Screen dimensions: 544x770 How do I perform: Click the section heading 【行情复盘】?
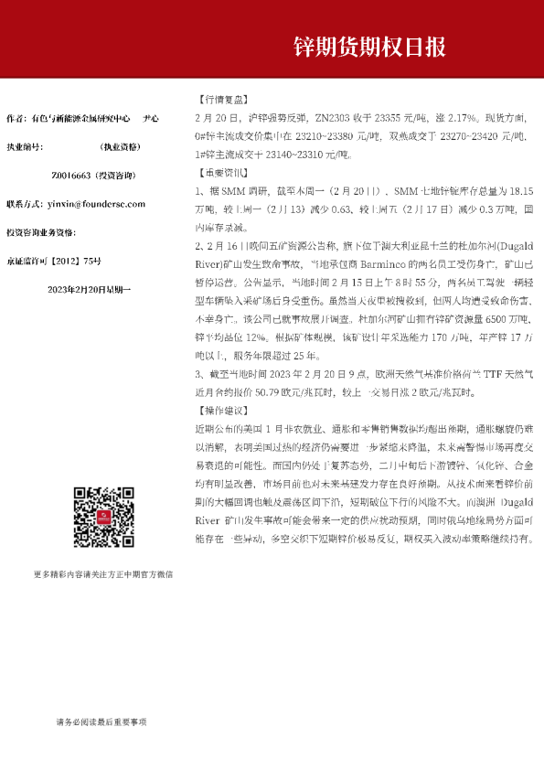point(221,99)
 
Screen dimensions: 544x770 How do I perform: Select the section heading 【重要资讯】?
point(221,171)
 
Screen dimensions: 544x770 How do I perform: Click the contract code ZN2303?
point(334,118)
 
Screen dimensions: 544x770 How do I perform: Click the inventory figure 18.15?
point(518,191)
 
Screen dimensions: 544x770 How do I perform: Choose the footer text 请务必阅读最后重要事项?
point(100,722)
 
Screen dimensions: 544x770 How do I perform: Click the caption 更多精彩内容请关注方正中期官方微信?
point(102,574)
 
